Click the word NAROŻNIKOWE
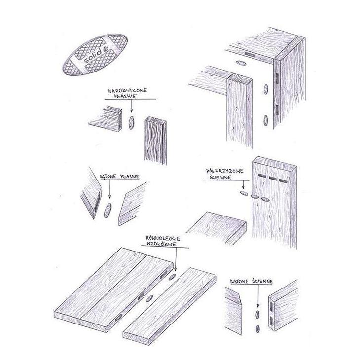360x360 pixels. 127,90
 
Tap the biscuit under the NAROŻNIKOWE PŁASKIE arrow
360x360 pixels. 131,123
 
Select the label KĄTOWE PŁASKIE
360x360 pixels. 120,177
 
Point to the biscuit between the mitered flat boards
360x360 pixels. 108,210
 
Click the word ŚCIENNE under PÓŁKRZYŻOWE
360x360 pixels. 220,177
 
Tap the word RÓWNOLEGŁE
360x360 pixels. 163,238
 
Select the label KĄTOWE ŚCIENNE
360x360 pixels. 252,281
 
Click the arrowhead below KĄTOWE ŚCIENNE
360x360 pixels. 258,305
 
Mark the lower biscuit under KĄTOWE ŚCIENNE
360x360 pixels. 258,329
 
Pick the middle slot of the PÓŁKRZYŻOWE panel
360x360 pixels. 273,178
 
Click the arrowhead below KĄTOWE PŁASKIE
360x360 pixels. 110,197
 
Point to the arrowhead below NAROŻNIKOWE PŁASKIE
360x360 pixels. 132,110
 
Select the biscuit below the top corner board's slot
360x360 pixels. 241,63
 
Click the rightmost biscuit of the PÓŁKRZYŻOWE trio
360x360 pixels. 265,199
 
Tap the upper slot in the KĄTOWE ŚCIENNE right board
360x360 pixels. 272,307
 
